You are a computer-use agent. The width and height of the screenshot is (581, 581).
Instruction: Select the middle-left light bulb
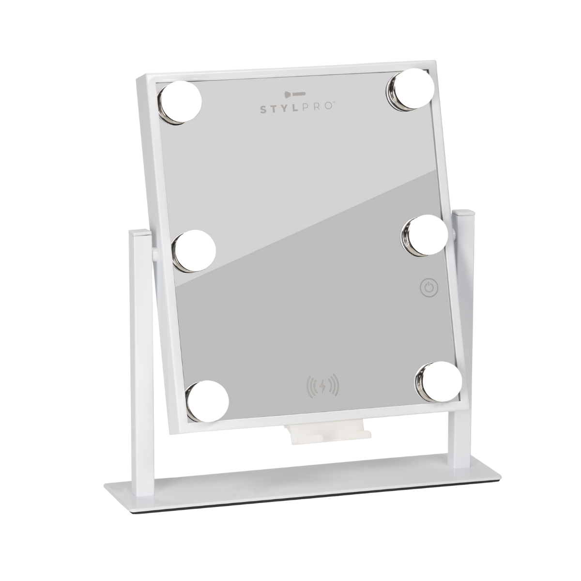click(x=194, y=251)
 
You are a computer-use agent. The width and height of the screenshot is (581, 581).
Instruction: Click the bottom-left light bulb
click(x=207, y=401)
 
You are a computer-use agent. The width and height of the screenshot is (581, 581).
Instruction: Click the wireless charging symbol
click(x=322, y=385)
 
